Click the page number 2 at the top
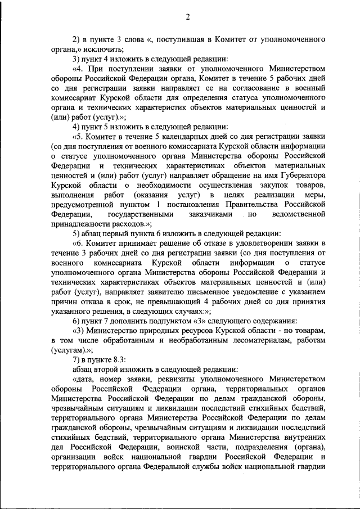[188, 16]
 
